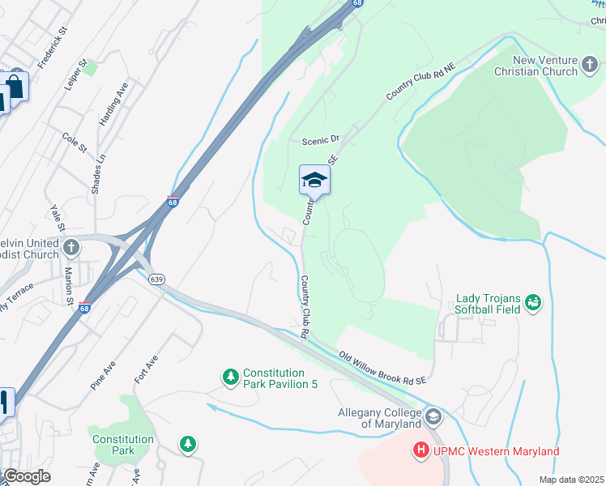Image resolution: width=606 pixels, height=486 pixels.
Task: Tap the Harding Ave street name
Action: pos(114,104)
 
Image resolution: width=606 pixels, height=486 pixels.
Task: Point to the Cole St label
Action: pos(75,143)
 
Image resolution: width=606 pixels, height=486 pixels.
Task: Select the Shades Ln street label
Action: pos(99,169)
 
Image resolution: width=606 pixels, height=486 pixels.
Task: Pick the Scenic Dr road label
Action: pos(319,140)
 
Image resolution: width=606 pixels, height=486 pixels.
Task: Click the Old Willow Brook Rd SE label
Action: pos(383,368)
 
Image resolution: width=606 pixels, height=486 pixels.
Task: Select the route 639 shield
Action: pos(157,279)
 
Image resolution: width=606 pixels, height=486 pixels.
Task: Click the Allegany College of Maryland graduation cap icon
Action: pos(433,417)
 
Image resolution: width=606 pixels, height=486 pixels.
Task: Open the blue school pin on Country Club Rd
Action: pos(314,181)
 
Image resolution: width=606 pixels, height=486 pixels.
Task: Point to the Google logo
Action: pos(27,476)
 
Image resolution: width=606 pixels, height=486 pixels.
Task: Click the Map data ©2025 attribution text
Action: pos(571,480)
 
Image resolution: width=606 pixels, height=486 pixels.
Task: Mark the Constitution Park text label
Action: pos(123,445)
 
